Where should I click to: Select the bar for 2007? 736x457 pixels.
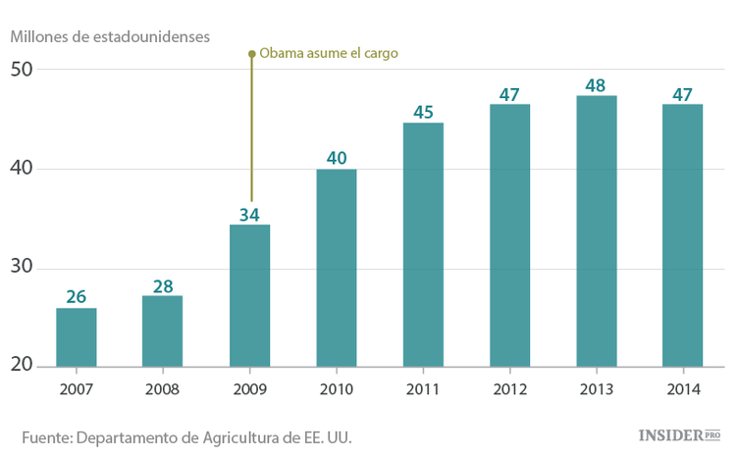[77, 338]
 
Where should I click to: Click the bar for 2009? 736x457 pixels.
[249, 297]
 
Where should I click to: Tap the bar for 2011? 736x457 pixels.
[423, 245]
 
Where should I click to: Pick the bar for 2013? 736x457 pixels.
[596, 231]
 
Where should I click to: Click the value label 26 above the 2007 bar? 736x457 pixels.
[77, 296]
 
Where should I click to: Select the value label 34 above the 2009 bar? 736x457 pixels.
[249, 213]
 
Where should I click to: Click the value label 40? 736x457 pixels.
[337, 158]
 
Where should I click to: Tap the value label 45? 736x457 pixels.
[423, 111]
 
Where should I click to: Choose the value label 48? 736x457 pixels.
[596, 84]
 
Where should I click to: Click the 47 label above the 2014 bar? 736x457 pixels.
[682, 93]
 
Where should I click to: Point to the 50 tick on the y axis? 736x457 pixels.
[22, 70]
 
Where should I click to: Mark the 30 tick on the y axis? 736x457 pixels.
[22, 268]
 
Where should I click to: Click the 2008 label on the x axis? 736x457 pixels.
[163, 388]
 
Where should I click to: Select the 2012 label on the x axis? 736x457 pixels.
[509, 388]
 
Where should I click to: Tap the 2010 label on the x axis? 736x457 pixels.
[337, 388]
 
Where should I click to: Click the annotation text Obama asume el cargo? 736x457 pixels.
[328, 53]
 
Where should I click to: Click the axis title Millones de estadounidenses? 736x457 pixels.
[110, 36]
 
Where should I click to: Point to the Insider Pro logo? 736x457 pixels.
[679, 434]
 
